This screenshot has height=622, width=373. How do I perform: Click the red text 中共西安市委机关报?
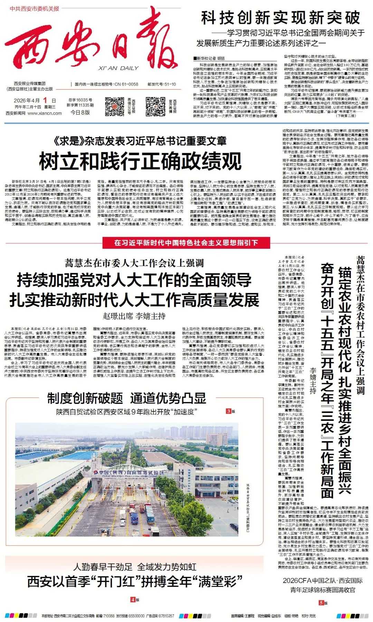tap(35, 9)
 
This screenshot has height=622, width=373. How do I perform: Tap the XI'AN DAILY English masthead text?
tap(118, 68)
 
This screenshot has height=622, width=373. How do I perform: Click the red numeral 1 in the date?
tap(45, 100)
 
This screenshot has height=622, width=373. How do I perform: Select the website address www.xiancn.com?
tap(45, 113)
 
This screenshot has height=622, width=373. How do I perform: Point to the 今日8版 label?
tap(80, 112)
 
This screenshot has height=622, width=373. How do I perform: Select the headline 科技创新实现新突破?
tap(280, 18)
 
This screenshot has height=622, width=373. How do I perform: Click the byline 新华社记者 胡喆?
tap(209, 58)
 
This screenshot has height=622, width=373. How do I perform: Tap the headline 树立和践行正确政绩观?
tap(140, 161)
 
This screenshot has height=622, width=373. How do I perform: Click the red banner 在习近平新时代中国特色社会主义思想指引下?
tap(186, 243)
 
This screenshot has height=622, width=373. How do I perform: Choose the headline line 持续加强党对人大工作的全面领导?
tap(134, 280)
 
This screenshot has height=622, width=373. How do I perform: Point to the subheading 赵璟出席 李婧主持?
tap(134, 316)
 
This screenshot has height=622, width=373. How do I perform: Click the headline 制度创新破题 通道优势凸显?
tap(127, 398)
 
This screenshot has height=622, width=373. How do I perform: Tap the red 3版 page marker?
tap(230, 411)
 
